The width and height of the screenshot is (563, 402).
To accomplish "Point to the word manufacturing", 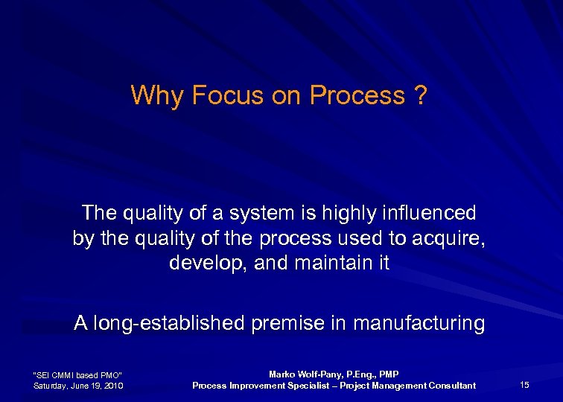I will [x=419, y=324].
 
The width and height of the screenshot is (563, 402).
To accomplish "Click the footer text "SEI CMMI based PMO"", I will [x=78, y=374].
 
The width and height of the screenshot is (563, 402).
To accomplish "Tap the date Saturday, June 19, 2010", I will [x=78, y=385].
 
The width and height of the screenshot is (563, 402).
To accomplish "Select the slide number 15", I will [x=524, y=385].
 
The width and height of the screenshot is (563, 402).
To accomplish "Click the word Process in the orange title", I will [x=356, y=96].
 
